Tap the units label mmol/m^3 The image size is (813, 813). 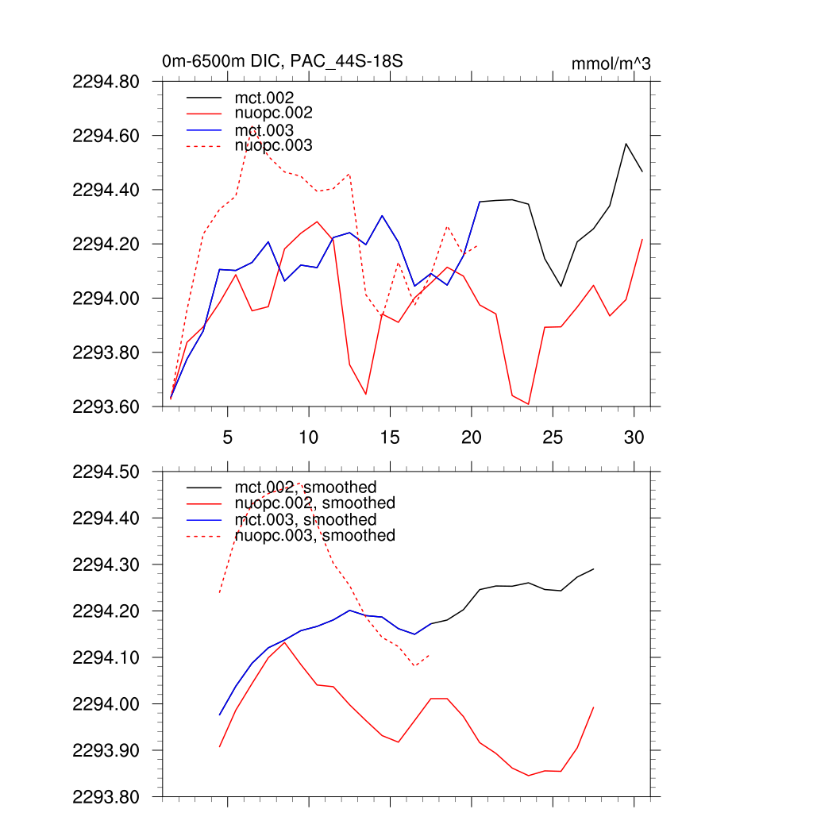point(611,64)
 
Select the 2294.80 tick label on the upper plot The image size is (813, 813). point(106,82)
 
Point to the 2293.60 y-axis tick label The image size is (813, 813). point(106,406)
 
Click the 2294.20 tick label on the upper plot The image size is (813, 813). point(106,245)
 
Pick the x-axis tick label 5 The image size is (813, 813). point(228,437)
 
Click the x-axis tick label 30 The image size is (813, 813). point(634,437)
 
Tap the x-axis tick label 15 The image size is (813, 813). point(390,437)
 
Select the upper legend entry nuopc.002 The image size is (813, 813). point(273,114)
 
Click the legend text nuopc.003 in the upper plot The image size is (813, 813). point(273,146)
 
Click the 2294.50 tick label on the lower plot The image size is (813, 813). point(106,472)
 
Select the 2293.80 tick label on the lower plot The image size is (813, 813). point(106,796)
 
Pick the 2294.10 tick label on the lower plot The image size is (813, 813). point(106,658)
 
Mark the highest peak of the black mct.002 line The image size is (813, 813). point(626,144)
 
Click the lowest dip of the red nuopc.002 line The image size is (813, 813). point(528,404)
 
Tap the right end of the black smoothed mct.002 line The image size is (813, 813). point(593,569)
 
